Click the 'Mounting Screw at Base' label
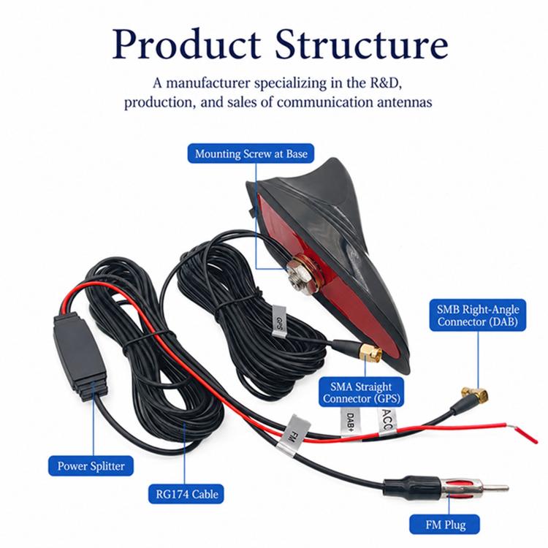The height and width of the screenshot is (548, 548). click(251, 153)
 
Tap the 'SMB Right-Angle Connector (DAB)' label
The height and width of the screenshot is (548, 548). click(477, 315)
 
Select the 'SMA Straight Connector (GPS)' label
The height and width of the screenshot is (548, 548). click(362, 392)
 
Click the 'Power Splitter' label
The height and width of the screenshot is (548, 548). click(91, 466)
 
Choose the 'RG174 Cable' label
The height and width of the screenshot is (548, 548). click(186, 494)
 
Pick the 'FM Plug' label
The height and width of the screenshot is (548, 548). click(445, 525)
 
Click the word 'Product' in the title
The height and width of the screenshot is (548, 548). click(186, 45)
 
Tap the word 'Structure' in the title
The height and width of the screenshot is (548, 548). click(362, 44)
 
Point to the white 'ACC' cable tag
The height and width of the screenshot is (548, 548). click(387, 419)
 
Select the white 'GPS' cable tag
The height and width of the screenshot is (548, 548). click(279, 321)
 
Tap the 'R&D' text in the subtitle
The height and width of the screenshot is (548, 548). click(388, 83)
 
